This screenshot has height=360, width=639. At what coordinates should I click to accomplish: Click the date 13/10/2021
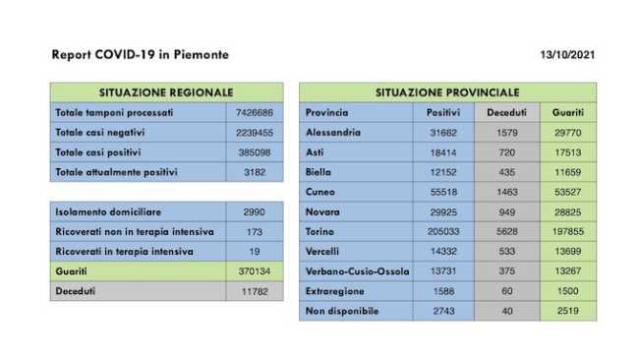[x=568, y=55]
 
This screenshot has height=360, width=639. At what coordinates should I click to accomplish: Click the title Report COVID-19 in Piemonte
[x=140, y=55]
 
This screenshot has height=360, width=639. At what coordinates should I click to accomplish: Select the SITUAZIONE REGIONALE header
[x=167, y=91]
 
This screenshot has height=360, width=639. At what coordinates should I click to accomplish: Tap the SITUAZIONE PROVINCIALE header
[x=447, y=91]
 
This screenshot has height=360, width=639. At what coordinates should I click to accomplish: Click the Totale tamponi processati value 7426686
[x=255, y=112]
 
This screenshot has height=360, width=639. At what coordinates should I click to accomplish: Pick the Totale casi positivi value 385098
[x=255, y=152]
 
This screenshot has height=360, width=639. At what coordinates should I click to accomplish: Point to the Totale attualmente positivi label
[x=117, y=172]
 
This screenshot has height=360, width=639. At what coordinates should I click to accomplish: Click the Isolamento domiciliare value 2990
[x=255, y=211]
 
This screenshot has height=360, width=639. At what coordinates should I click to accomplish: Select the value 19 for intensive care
[x=255, y=251]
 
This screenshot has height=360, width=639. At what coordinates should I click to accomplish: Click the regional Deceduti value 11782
[x=255, y=291]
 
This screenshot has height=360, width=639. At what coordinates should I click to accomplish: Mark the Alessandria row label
[x=333, y=132]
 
